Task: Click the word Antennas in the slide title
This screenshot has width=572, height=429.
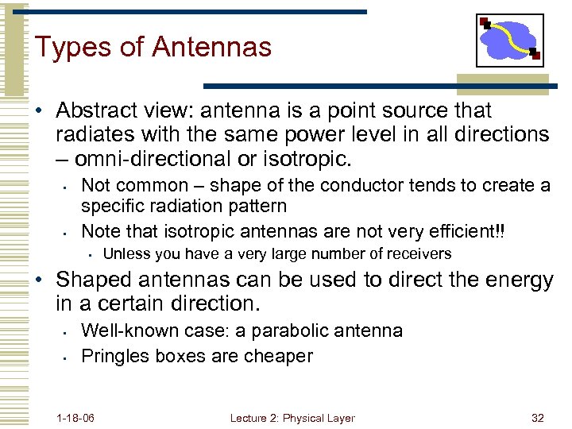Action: [x=211, y=47]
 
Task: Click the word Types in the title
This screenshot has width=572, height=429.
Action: [x=71, y=48]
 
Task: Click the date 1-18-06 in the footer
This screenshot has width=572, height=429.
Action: [x=75, y=418]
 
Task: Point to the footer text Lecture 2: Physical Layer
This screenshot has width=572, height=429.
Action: [x=292, y=418]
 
